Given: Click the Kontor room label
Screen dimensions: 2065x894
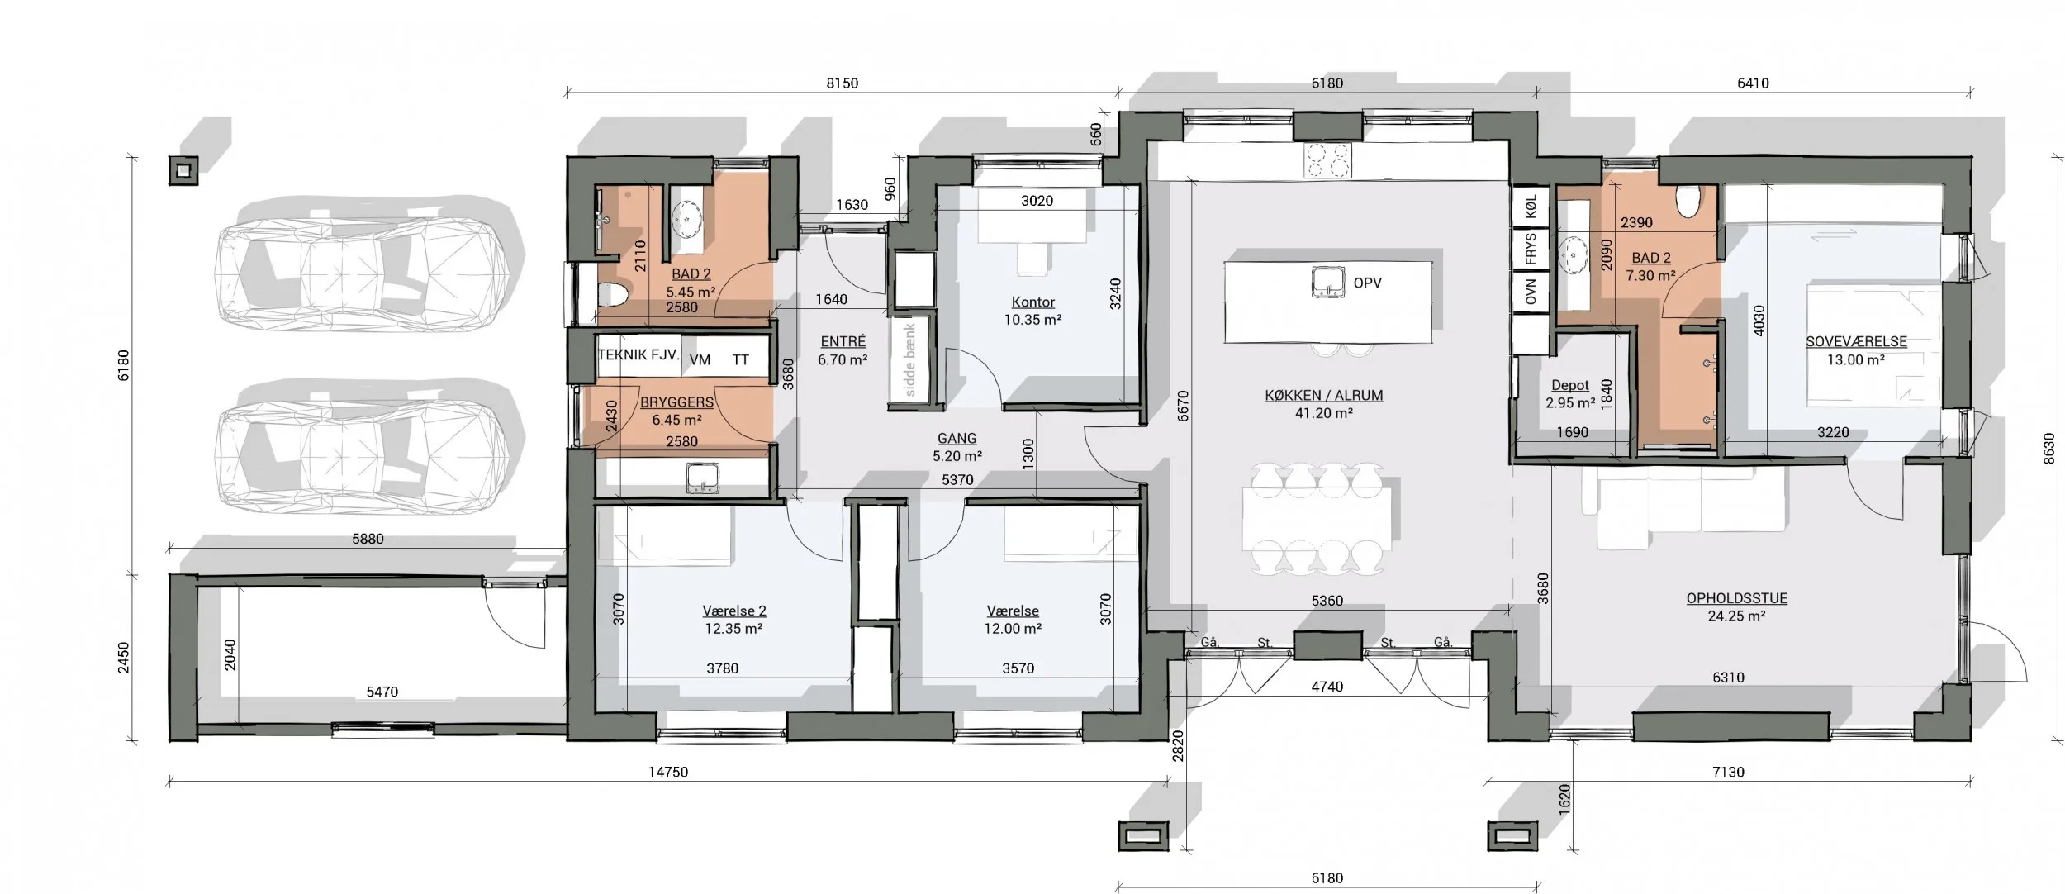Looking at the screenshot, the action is pos(1033,302).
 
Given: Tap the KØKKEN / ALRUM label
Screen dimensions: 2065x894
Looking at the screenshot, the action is pos(1323,396).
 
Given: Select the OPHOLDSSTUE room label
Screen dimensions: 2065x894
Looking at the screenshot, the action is pos(1736,598).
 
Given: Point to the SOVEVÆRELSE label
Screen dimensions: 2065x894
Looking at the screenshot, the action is pos(1856,342).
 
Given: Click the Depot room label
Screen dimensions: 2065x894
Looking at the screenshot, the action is pos(1570,386).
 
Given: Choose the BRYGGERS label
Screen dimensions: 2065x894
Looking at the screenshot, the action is pos(676,402).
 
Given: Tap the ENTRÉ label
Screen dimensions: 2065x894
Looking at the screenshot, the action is pos(843,342).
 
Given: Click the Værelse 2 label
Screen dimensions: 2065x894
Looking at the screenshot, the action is pos(734,611).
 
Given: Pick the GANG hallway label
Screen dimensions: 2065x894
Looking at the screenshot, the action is pos(957,439).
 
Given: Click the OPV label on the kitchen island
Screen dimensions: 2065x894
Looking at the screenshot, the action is pos(1367,283).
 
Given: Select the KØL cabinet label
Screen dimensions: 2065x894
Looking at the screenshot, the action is pos(1531,207).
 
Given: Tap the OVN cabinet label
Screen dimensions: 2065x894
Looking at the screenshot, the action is pos(1531,291).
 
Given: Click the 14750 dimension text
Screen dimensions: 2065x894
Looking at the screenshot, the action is pos(667,773).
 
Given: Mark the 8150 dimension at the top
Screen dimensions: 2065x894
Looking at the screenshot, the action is pos(843,83).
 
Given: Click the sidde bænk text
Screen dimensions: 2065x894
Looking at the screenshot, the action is pos(910,360).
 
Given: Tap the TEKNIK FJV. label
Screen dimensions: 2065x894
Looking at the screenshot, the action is pos(638,356).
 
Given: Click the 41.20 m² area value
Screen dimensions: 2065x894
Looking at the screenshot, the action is pos(1323,413).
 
